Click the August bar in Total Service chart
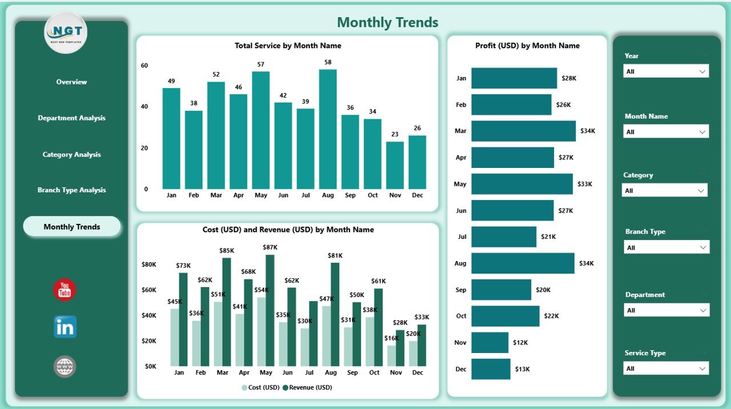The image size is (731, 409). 328,129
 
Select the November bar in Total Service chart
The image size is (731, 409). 395,165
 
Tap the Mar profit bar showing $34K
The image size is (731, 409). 523,131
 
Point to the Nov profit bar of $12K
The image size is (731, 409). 489,343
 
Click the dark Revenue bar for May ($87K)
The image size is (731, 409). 270,310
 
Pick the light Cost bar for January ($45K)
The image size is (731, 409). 175,337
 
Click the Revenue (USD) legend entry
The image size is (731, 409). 308,387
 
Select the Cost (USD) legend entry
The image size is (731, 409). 262,387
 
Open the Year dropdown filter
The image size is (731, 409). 666,71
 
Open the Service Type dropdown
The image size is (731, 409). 666,368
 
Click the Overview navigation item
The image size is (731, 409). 71,82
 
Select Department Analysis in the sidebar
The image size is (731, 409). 71,118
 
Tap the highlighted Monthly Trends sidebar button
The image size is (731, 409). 72,227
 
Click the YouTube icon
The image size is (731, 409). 65,290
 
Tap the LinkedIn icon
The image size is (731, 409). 65,327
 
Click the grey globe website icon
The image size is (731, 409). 65,366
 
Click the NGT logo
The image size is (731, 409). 66,33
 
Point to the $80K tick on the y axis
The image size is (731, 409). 149,264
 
